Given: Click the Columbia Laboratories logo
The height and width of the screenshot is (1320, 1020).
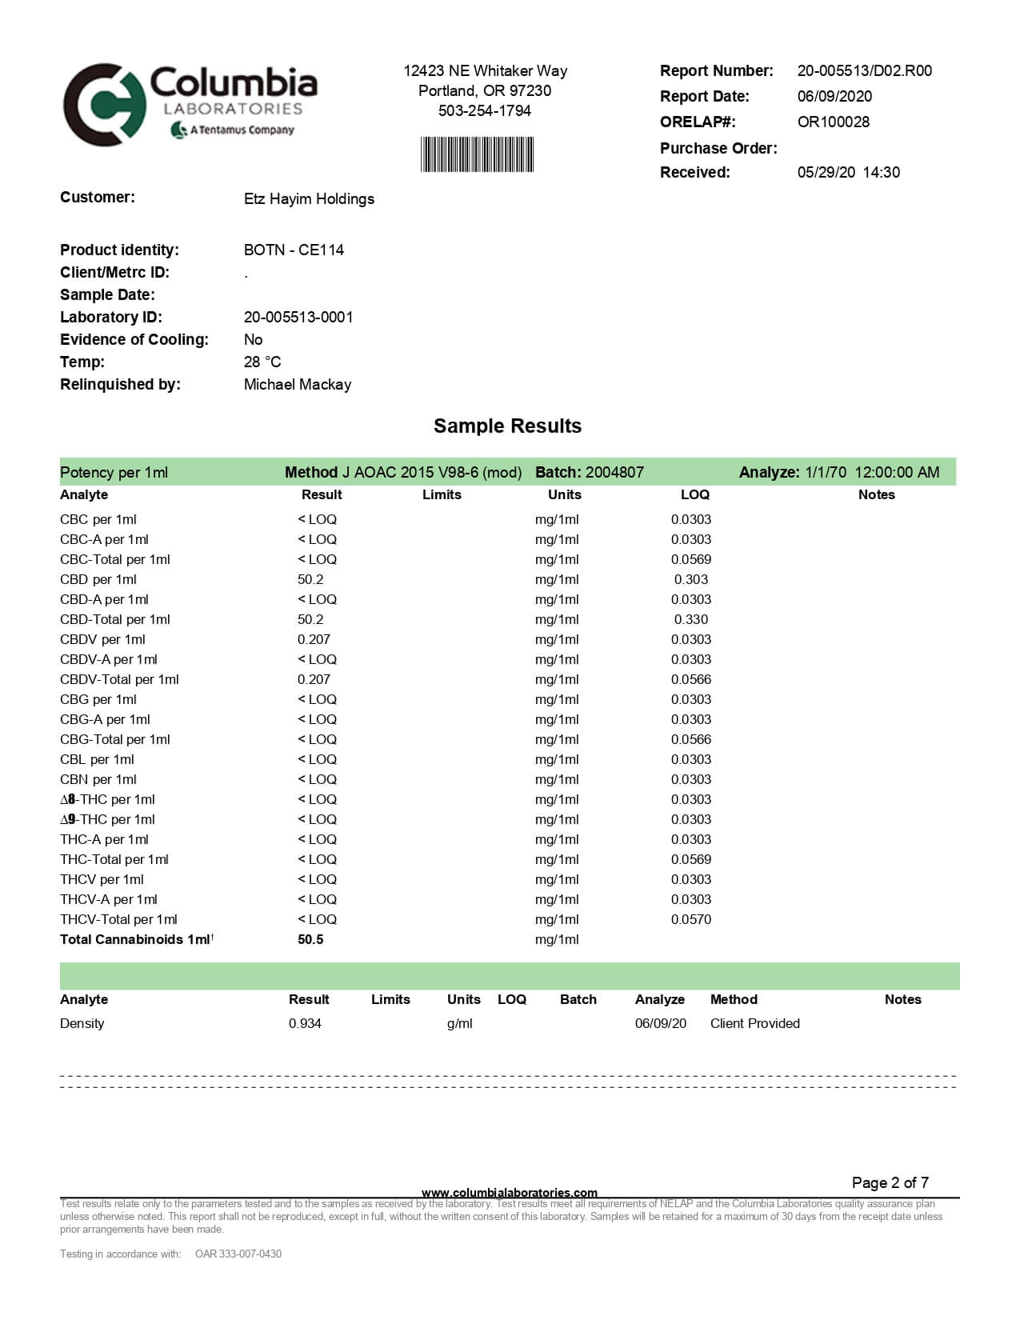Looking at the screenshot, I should pos(190,104).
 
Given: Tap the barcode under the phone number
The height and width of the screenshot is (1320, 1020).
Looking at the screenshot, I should pos(477,154).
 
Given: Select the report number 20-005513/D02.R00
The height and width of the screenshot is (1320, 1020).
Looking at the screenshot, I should pos(864,70).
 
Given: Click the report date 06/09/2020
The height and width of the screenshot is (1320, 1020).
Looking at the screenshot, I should pos(834,96).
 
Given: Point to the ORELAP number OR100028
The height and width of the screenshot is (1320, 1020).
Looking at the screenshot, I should pos(833,122).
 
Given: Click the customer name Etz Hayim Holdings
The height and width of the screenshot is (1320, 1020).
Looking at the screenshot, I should pos(309,198).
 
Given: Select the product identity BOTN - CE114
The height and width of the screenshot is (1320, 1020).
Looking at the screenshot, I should pos(294,250).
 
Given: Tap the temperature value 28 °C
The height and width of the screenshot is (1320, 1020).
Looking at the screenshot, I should pos(262,362).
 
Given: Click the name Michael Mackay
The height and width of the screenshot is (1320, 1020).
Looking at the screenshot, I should pos(297,384).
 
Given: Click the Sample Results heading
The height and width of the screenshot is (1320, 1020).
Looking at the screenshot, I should pos(507,426).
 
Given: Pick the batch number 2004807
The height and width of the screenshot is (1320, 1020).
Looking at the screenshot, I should pos(614,472).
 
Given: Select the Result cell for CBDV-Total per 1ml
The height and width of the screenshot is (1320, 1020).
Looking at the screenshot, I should pos(314,679).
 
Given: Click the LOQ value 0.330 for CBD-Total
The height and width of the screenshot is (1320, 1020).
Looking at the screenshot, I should pos(690,619).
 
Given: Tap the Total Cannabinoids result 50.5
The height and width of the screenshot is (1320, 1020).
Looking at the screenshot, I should pos(310,939).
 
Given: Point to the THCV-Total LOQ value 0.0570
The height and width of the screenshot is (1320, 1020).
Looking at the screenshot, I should pos(690,919).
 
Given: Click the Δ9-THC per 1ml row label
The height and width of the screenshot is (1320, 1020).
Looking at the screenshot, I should pos(107,819).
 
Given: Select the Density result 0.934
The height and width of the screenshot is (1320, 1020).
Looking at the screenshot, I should pos(305,1023).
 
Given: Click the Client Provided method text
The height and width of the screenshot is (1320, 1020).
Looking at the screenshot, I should pos(754,1023).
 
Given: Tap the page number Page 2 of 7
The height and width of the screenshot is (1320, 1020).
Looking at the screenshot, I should pos(890,1182).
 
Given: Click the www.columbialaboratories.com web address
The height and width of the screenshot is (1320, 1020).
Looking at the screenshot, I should pos(509,1193).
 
